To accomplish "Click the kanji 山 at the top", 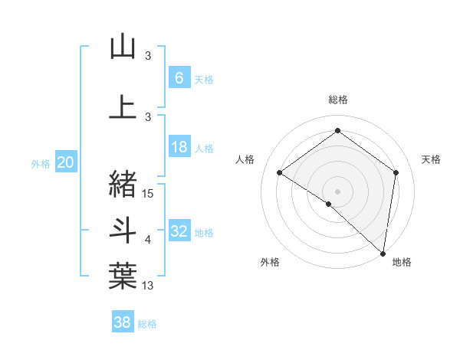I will tap(123, 47).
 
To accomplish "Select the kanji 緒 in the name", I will tap(123, 183).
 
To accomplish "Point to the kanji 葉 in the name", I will tap(123, 275).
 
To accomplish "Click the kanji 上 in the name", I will tap(123, 107).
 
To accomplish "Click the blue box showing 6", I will tap(179, 77).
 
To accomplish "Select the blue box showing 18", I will tap(179, 147).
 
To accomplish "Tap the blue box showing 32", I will tap(179, 231).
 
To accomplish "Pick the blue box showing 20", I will tap(66, 162).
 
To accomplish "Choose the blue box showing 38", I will tap(123, 322).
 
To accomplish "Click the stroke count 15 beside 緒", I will tap(149, 194).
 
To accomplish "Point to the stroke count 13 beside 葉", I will tap(149, 286).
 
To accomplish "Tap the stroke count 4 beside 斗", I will tap(149, 240).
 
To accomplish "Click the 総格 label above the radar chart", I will tap(337, 100).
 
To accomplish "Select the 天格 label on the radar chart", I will tap(431, 159).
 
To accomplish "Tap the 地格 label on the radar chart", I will tap(402, 262).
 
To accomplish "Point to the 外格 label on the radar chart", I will tap(270, 262).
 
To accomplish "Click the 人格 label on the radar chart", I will tap(244, 159).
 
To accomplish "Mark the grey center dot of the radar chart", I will tap(337, 191).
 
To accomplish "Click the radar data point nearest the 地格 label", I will tap(383, 253).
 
